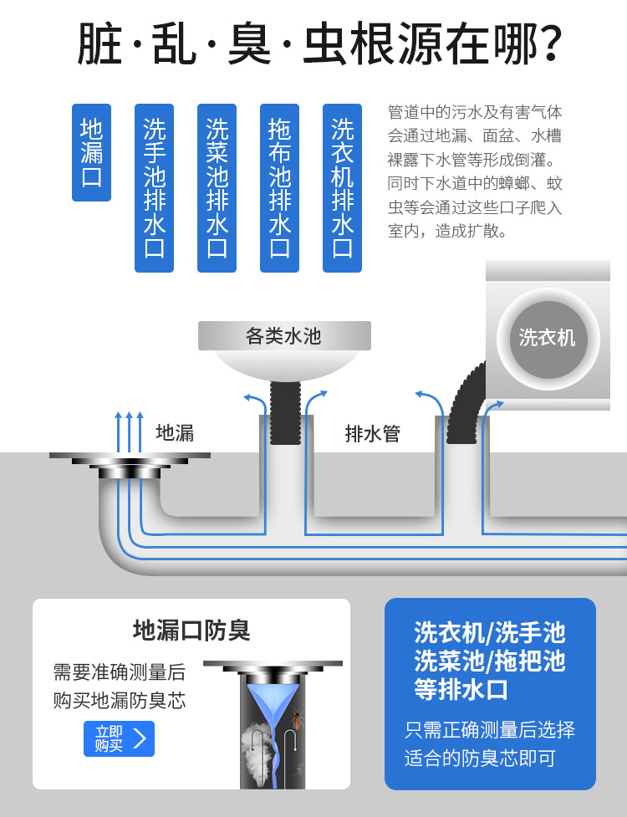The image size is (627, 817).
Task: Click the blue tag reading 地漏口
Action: point(91,152)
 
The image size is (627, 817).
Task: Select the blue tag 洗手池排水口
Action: point(154,187)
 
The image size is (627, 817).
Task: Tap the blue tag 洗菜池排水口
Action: point(217,187)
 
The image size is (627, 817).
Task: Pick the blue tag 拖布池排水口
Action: point(280,187)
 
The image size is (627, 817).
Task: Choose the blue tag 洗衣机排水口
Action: point(342,187)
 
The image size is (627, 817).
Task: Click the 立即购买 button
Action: point(120,738)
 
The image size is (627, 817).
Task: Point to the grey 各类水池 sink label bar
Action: point(284,335)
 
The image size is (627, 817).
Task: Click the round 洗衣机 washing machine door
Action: point(548,339)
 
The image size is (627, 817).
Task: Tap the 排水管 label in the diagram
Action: point(373,433)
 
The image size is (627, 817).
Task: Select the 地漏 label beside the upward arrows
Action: point(175,433)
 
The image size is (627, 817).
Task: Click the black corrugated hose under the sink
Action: point(285,412)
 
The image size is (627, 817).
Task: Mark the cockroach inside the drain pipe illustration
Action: point(296,719)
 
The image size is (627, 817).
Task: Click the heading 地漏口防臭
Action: point(191,631)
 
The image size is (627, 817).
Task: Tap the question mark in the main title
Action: point(548,43)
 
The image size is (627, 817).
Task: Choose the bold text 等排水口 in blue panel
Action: point(461,689)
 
